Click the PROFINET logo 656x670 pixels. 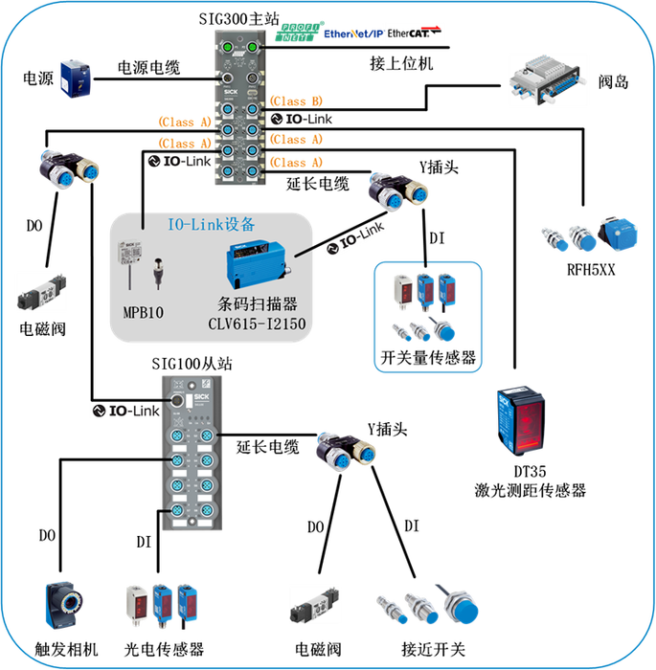click(x=300, y=32)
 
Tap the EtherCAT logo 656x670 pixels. click(x=414, y=33)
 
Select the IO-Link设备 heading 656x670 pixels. click(x=211, y=225)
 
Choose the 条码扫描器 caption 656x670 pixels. click(x=257, y=304)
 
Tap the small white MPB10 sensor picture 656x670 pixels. click(x=126, y=251)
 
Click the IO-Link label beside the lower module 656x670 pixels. click(x=124, y=411)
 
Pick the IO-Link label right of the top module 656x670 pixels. click(x=301, y=119)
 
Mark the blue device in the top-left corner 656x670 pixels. click(x=75, y=77)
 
